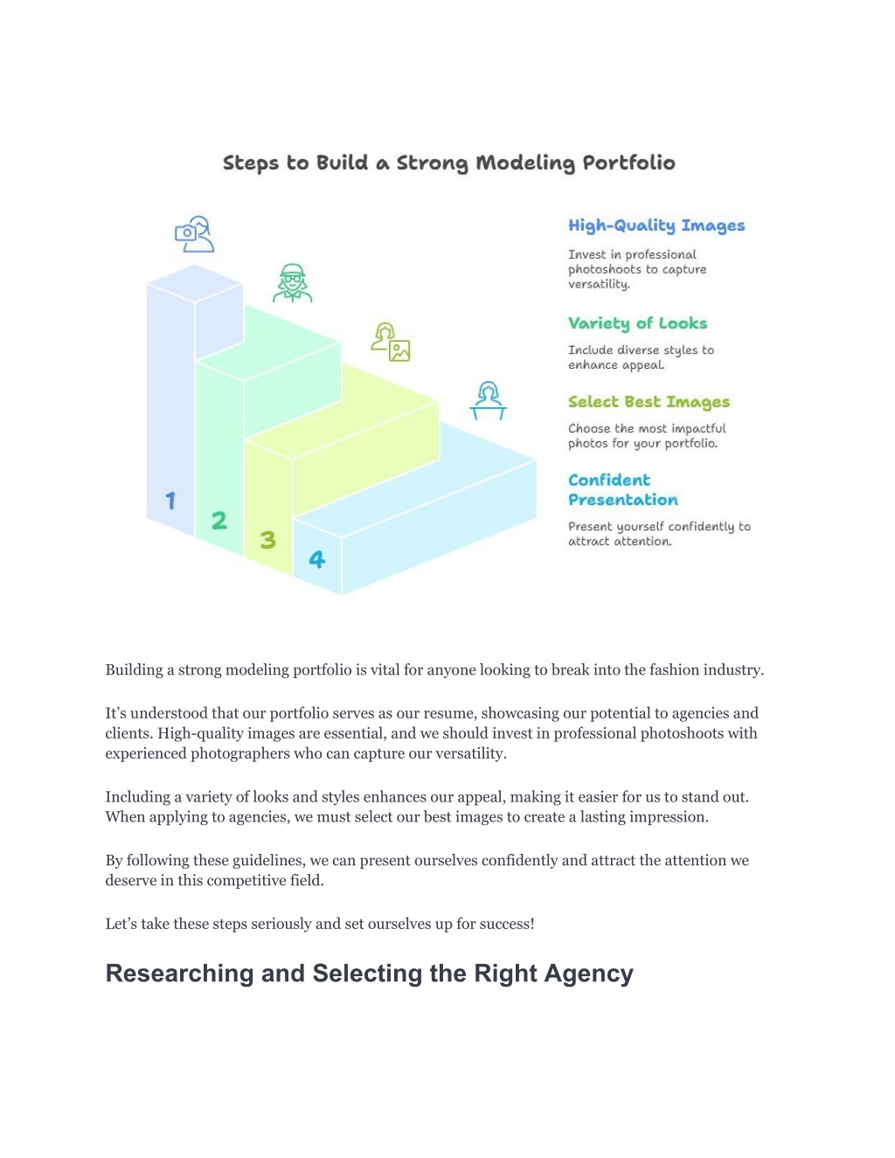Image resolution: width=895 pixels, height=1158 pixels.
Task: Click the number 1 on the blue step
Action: tap(170, 501)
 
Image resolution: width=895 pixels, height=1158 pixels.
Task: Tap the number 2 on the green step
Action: tap(219, 520)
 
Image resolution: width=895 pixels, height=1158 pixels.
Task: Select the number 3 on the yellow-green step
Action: tap(268, 540)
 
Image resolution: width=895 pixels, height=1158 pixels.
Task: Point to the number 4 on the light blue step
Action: tap(317, 559)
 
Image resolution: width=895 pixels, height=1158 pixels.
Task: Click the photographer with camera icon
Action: tap(194, 234)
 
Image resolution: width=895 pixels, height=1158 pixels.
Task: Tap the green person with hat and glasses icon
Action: tap(293, 282)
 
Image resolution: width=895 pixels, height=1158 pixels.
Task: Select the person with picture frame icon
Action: tap(391, 342)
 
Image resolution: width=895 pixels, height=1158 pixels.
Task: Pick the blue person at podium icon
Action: tap(488, 400)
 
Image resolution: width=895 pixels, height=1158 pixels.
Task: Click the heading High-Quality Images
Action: tap(656, 226)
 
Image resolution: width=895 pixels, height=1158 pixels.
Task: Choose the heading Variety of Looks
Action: tap(638, 323)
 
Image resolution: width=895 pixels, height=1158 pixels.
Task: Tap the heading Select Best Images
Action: tap(649, 402)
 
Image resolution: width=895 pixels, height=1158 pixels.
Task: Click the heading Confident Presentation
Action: tap(623, 489)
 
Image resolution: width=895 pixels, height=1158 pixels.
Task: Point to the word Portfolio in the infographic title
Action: tap(628, 163)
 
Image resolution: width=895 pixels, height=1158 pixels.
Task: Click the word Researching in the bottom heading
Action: tap(179, 974)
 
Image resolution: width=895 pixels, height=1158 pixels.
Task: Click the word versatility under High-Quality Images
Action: tap(599, 285)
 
